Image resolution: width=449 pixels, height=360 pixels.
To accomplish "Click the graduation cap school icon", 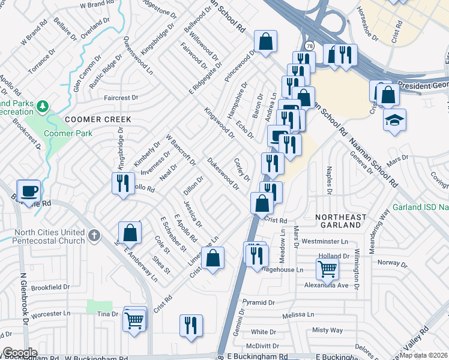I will click(x=396, y=119).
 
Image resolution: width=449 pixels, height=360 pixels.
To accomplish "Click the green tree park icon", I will click(x=42, y=107).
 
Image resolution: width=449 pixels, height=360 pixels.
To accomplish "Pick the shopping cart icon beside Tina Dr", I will click(x=134, y=319).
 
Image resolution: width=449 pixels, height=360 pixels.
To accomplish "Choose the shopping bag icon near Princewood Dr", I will click(x=265, y=41).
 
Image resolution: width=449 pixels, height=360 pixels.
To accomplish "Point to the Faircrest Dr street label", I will click(x=121, y=97).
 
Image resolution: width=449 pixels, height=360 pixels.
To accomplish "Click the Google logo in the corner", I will click(x=20, y=353).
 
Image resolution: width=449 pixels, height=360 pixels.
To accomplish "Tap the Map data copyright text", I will click(x=424, y=355).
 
